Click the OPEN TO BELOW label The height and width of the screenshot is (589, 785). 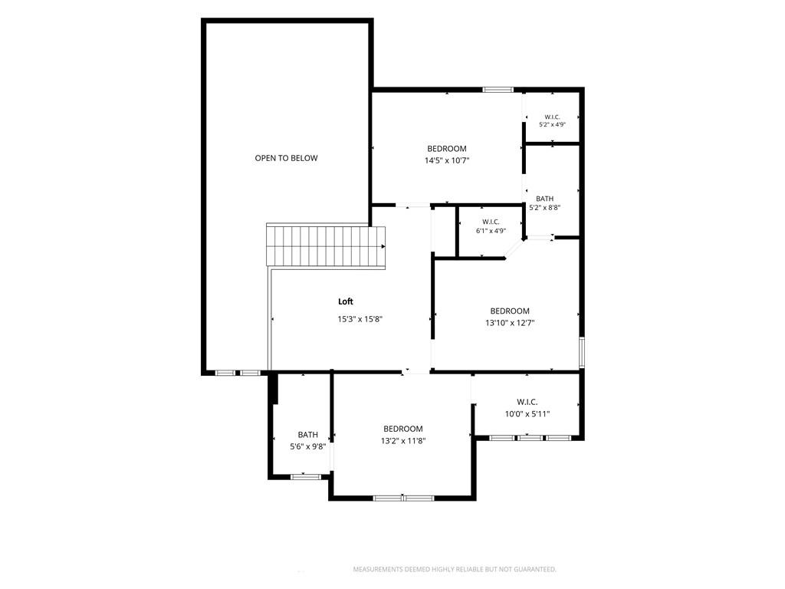coord(287,158)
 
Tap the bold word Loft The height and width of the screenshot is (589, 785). coord(346,301)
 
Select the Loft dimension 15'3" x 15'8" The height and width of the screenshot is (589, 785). coord(360,319)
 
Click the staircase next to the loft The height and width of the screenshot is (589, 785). coord(326,246)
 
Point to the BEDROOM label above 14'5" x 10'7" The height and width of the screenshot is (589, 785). coord(447,149)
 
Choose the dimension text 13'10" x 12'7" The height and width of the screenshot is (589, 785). coord(510,323)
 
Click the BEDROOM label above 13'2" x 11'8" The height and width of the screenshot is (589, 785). coord(403,429)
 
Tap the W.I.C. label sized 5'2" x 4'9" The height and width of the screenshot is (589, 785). coord(552,117)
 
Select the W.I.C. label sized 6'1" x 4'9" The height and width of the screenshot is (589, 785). coord(491,222)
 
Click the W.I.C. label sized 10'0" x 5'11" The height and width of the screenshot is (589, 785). coord(527,402)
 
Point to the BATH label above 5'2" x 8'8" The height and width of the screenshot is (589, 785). coord(545,199)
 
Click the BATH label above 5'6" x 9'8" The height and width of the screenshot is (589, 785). coord(308,435)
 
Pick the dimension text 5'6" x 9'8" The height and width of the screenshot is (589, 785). coord(308,447)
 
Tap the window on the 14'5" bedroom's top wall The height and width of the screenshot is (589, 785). coord(498,90)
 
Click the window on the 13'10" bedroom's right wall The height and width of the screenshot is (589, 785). coord(582,353)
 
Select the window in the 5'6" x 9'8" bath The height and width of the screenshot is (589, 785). coord(306,476)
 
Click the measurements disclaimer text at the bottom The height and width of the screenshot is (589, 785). coord(455,570)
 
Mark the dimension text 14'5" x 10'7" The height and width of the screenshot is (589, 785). coord(447,161)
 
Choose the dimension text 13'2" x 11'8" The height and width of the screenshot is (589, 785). coord(403,441)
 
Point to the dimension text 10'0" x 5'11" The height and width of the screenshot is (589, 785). coord(527,414)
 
